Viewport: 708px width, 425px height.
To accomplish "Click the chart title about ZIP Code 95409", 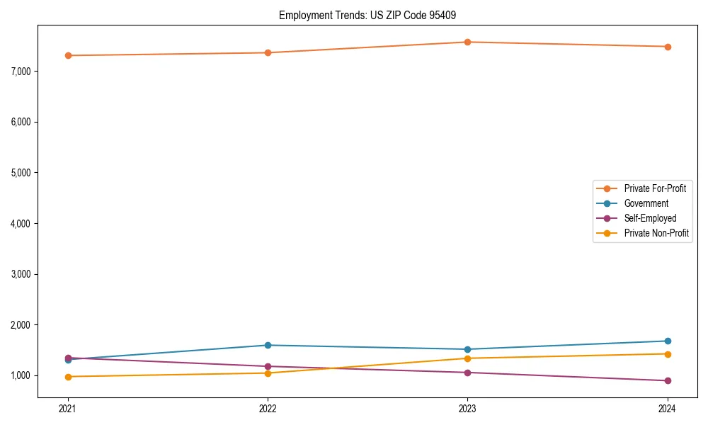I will [372, 15].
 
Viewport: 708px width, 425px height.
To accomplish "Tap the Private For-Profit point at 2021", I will [68, 55].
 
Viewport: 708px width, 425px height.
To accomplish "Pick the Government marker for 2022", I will [268, 345].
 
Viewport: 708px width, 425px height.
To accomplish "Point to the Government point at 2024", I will [668, 341].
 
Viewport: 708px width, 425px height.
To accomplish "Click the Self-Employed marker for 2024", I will [668, 380].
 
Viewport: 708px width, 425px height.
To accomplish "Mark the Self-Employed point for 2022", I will [268, 366].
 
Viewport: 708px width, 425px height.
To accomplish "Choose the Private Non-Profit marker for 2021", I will [68, 377].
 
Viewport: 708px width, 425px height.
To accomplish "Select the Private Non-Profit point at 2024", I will [668, 353].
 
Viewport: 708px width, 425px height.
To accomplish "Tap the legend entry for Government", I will [646, 203].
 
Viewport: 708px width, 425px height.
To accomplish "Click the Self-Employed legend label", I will [650, 218].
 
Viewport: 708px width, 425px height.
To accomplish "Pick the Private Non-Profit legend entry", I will [656, 233].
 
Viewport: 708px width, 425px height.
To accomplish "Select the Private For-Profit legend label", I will [655, 188].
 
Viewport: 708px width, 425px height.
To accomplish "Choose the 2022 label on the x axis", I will [268, 408].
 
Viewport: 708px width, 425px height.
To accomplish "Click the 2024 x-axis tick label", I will [668, 408].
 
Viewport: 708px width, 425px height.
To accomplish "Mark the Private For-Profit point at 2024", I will [668, 47].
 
